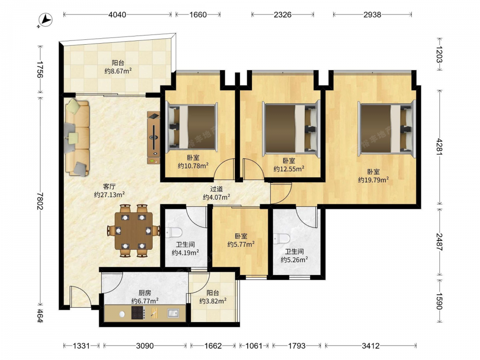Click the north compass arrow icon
coord(47,20)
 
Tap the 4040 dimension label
coord(117,14)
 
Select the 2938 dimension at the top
coord(372,14)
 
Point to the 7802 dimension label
coord(40,201)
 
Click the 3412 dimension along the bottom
coord(371,346)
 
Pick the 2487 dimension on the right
coord(440,242)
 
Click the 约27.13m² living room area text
coord(109,194)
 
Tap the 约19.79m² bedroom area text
coord(373,180)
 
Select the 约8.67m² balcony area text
coord(118,71)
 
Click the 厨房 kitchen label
coord(145,293)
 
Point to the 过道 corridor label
coord(216,189)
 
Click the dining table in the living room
coord(133,230)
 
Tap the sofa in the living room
coord(77,137)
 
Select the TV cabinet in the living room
coord(154,138)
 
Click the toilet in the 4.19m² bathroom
coord(173,232)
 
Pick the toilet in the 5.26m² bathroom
coord(282,239)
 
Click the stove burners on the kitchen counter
coord(138,313)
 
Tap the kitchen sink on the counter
coord(173,313)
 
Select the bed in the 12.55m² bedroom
coord(291,128)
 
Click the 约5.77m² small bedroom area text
coord(241,244)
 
